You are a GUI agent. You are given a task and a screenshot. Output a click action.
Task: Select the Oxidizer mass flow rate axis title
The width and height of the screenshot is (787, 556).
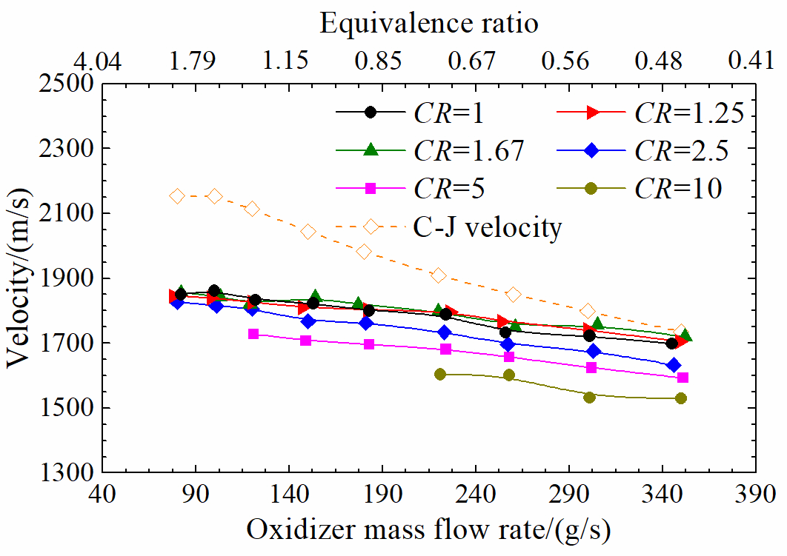(430, 530)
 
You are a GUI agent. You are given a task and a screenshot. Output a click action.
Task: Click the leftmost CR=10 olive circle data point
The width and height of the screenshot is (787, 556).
(440, 375)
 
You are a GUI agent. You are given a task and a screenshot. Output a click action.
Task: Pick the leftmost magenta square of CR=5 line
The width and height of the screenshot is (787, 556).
(253, 334)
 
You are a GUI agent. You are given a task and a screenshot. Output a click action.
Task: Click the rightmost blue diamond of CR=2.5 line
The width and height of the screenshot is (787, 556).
(674, 365)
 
